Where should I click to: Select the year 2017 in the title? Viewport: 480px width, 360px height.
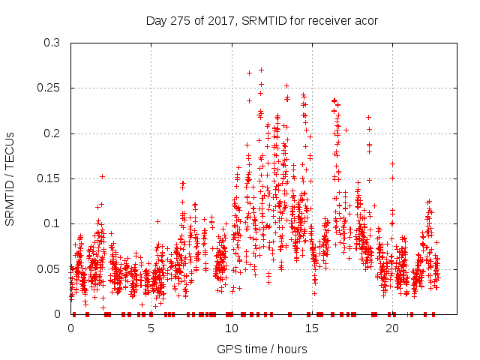pos(220,20)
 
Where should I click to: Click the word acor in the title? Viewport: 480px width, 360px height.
pos(365,20)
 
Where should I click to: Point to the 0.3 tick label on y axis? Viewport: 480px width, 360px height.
pos(52,43)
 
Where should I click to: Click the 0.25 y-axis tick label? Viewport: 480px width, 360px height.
pos(49,88)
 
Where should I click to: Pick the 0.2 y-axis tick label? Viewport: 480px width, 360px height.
pos(52,133)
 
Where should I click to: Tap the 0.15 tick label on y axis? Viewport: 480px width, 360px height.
pos(49,178)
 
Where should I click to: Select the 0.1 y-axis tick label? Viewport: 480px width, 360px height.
pos(52,223)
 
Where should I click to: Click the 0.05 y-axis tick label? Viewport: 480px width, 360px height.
pos(49,268)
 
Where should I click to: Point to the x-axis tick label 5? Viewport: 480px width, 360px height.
pos(151,328)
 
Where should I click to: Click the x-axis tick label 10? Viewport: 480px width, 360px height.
pos(231,328)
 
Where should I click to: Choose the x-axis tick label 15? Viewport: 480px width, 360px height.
pos(311,328)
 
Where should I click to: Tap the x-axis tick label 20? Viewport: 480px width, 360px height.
pos(391,328)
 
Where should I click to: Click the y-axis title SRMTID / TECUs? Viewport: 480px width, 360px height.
pos(10,178)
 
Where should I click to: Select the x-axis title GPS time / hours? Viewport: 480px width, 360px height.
pos(262,349)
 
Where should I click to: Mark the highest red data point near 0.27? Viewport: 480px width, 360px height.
pos(261,70)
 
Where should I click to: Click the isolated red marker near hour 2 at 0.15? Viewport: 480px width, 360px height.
pos(102,176)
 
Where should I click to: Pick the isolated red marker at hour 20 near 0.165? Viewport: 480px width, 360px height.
pos(392,163)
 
